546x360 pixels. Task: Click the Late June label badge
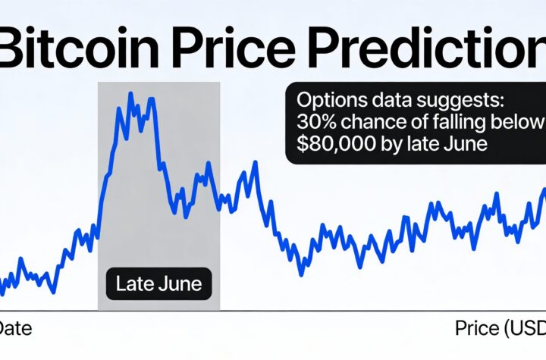(159, 284)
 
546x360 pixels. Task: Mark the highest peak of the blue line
(130, 94)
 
